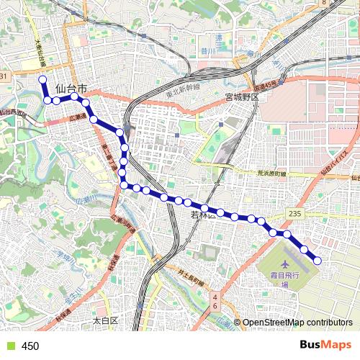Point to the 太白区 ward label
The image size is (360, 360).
tap(104, 319)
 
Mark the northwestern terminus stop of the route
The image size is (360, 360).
tap(42, 79)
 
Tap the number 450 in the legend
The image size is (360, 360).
tap(30, 346)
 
